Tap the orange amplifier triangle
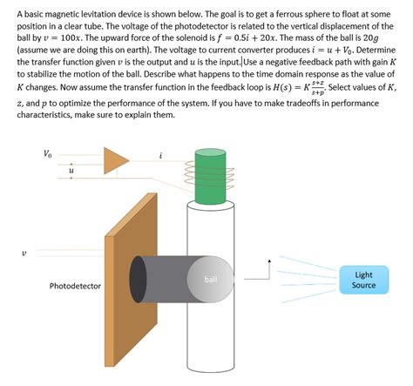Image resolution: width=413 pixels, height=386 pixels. (114, 160)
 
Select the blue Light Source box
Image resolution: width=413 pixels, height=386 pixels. (362, 280)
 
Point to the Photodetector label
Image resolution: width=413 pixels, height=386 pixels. (75, 286)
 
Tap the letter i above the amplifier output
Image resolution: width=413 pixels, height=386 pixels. (161, 154)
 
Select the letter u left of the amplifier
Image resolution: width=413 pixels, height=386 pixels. (71, 173)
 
